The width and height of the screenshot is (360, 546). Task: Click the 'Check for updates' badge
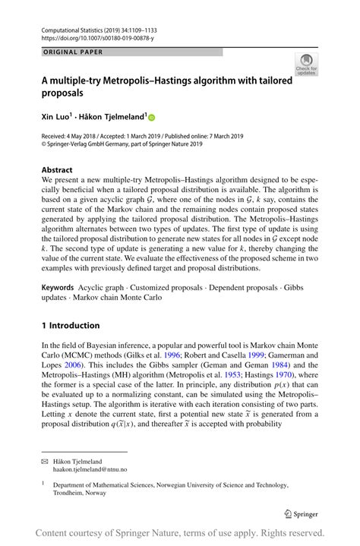pos(307,64)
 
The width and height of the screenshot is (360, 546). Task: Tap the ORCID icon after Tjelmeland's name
pos(150,118)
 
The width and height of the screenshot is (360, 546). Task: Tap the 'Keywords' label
pos(58,288)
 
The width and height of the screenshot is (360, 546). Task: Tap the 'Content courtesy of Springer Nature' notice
pos(180,532)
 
